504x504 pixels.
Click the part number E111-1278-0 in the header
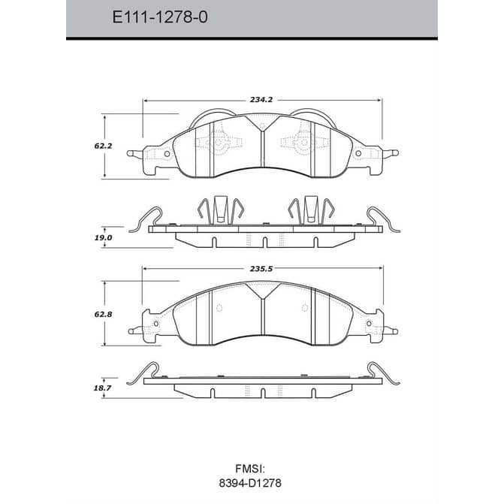(x=160, y=17)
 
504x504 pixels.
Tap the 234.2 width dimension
(x=261, y=100)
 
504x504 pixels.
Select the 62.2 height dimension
(x=103, y=146)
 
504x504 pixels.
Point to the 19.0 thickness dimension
(x=103, y=238)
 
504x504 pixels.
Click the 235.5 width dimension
(x=261, y=269)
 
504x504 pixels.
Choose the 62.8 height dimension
(x=103, y=315)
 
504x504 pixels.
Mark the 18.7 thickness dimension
(x=103, y=388)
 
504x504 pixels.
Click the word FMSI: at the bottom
(x=250, y=469)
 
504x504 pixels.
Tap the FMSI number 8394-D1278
(x=250, y=483)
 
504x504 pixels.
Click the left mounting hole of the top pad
(x=167, y=154)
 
